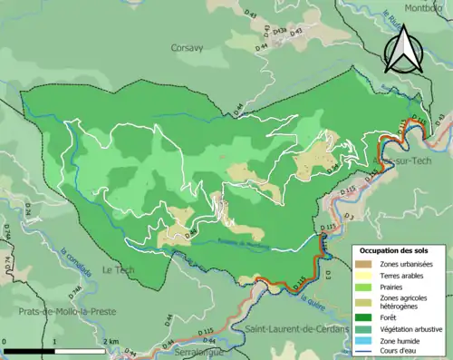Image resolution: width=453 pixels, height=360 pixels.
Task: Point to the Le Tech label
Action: coord(118,269)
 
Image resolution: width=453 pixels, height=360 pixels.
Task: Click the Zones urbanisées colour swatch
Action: coord(367,263)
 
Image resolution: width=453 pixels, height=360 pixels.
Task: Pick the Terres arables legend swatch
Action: coord(367,275)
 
